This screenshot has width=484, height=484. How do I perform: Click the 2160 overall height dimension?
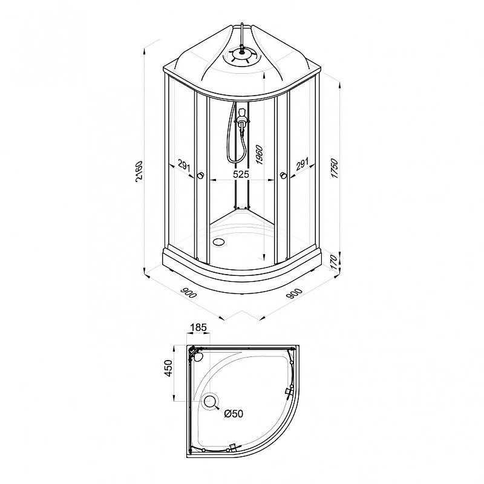tap(139, 171)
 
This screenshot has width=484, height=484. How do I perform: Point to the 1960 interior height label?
tap(260, 155)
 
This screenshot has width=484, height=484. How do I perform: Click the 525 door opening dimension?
tap(241, 174)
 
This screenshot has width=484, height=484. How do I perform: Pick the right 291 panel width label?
tap(302, 164)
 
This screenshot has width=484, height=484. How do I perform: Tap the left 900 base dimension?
tap(188, 293)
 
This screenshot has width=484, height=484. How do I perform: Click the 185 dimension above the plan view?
tap(198, 327)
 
